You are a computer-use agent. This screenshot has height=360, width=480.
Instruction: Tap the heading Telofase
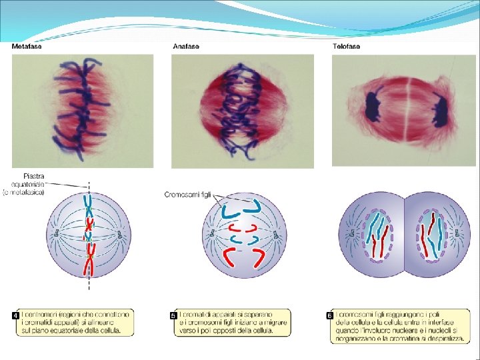tap(347, 47)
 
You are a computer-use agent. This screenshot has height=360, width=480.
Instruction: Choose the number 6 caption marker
tap(329, 314)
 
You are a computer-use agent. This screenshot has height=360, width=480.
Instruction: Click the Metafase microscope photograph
tap(83, 111)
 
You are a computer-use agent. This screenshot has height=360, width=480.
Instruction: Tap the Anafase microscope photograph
tap(243, 111)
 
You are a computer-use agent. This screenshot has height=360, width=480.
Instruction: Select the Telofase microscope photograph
tap(403, 111)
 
